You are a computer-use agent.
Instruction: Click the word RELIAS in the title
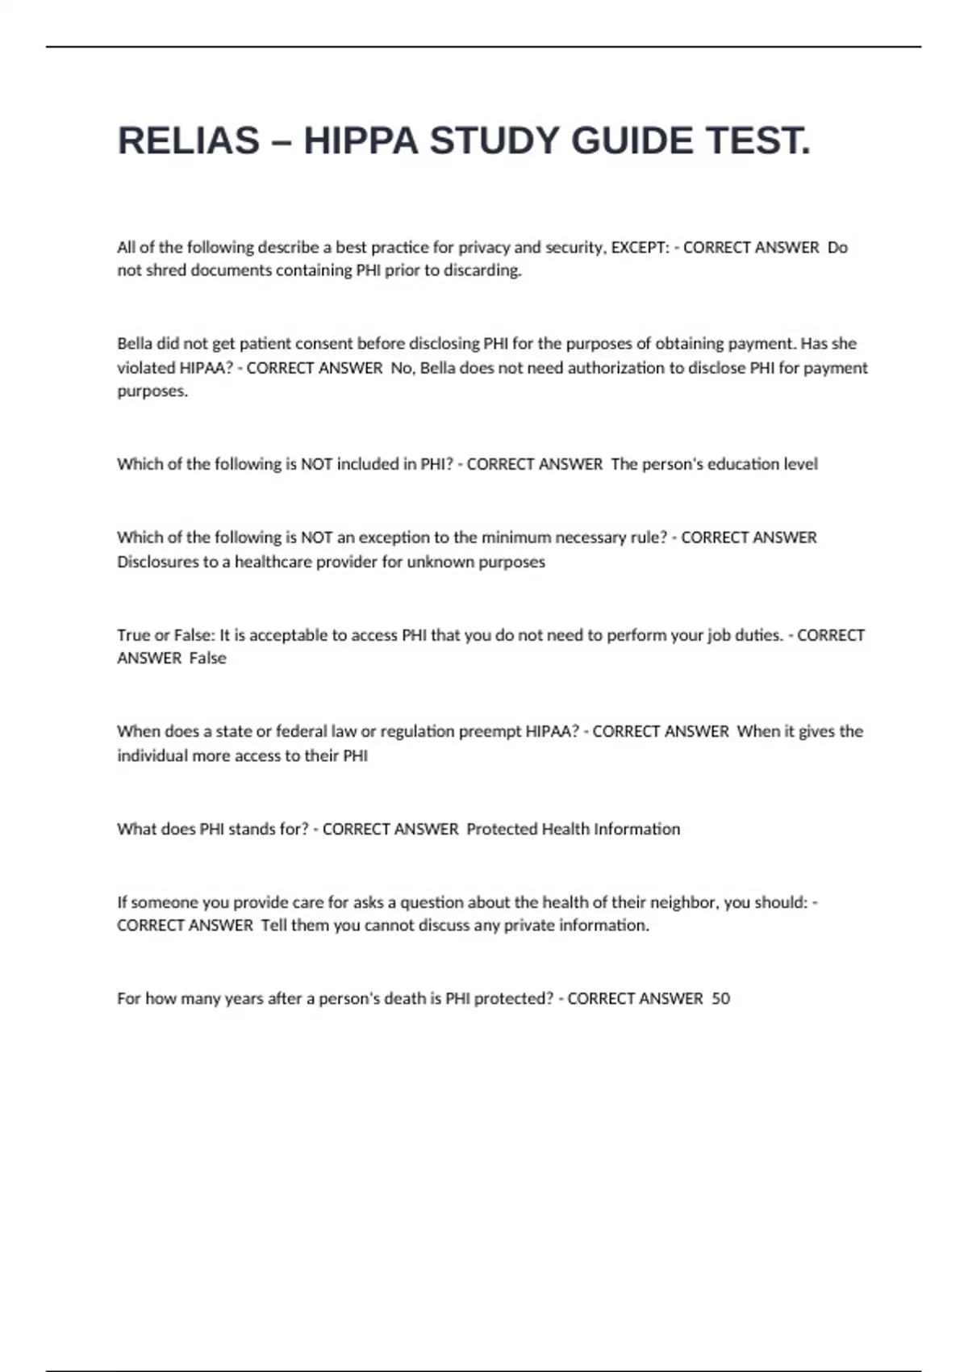pos(189,141)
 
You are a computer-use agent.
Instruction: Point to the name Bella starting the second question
pos(135,344)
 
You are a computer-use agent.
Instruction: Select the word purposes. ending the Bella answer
pos(152,391)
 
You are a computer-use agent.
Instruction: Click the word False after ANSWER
pos(207,659)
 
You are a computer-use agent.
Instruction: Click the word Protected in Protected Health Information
pos(502,829)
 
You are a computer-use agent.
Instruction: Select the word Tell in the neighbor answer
pos(273,926)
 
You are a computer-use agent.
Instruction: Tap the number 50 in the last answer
pos(720,999)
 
